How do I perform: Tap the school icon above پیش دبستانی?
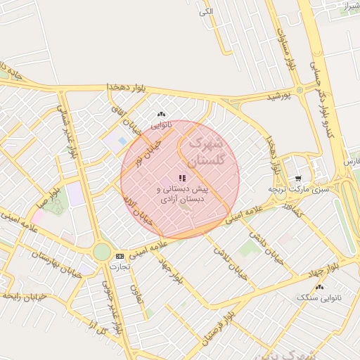click(x=182, y=179)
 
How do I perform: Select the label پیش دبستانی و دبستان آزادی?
click(x=182, y=195)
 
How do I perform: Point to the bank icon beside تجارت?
click(x=120, y=256)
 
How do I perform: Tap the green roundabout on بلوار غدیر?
click(x=103, y=252)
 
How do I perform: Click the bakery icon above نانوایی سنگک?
click(x=321, y=287)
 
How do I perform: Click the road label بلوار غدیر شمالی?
click(x=71, y=134)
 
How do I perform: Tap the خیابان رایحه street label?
click(x=24, y=297)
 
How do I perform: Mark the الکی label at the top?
click(x=206, y=11)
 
